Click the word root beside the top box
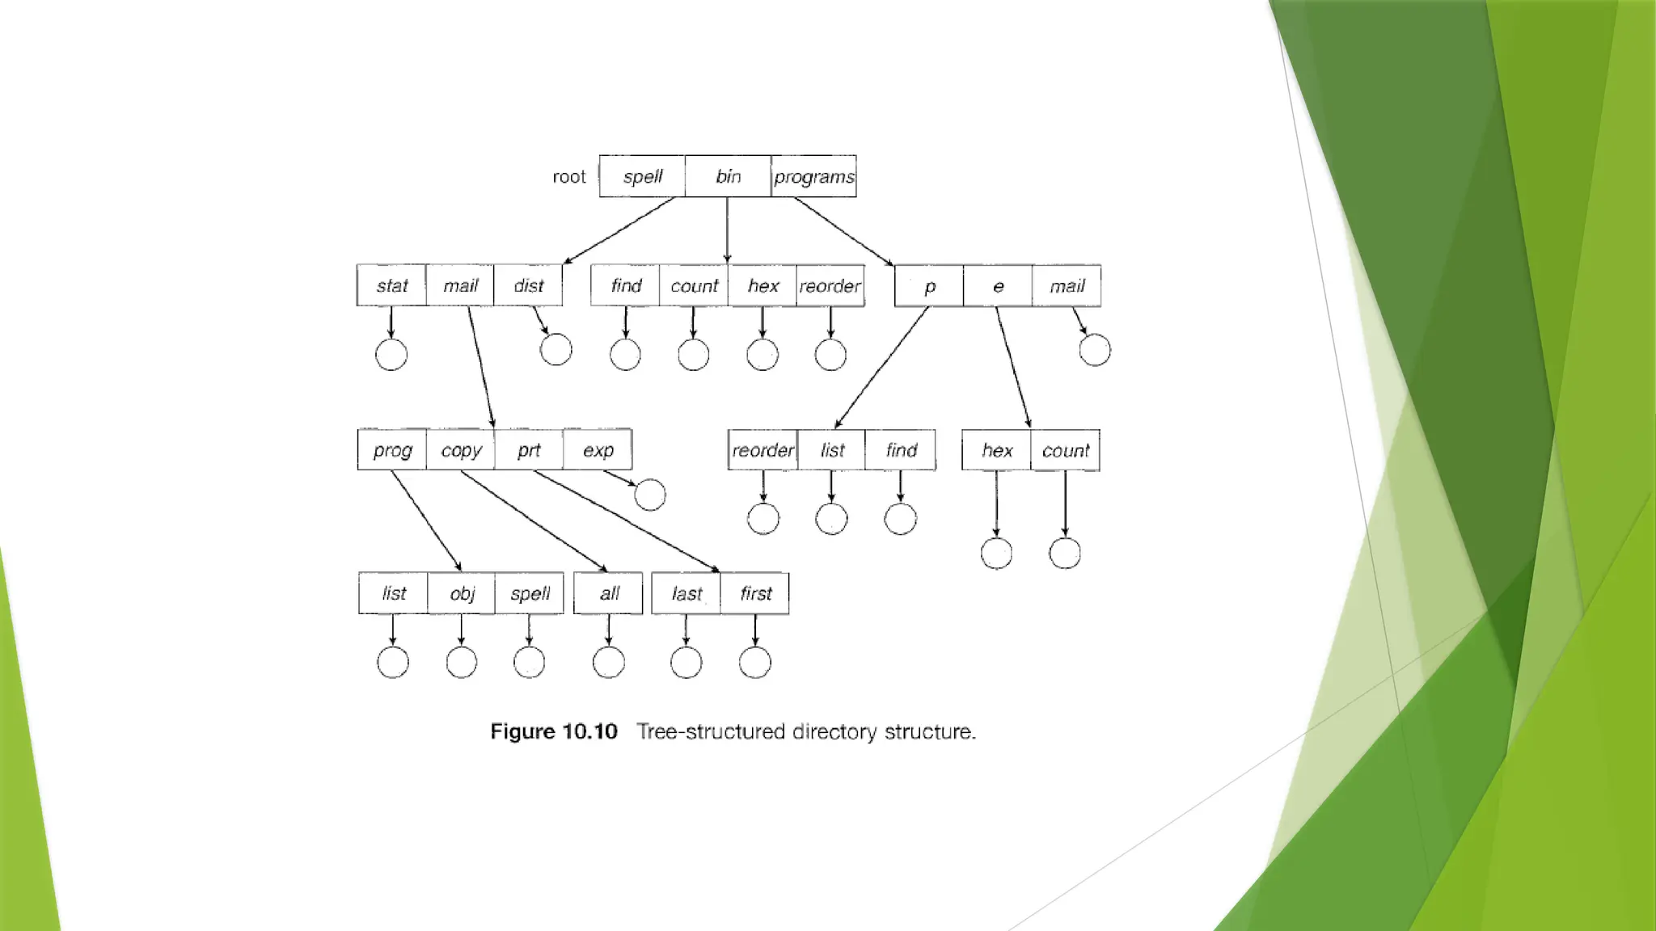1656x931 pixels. (x=568, y=177)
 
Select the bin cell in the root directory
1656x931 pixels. (x=728, y=176)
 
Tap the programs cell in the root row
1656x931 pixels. (x=813, y=176)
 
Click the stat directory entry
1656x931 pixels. (x=391, y=285)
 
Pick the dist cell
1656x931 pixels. (x=528, y=285)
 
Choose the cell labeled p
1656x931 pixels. (x=929, y=286)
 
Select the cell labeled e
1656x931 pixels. (x=998, y=286)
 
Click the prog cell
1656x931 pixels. (x=392, y=450)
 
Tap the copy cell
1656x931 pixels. (x=461, y=450)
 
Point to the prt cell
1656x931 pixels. (x=529, y=450)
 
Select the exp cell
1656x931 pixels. (x=598, y=450)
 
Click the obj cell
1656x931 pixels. (x=462, y=593)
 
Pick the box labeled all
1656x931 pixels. (x=609, y=593)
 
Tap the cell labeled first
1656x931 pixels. (x=755, y=593)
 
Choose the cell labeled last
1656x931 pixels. (x=686, y=593)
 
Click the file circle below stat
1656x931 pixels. (x=391, y=355)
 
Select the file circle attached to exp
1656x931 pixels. (x=650, y=495)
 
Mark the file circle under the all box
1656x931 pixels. (x=609, y=663)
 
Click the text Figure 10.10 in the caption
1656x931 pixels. (x=554, y=731)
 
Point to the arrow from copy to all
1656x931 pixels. (x=534, y=520)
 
